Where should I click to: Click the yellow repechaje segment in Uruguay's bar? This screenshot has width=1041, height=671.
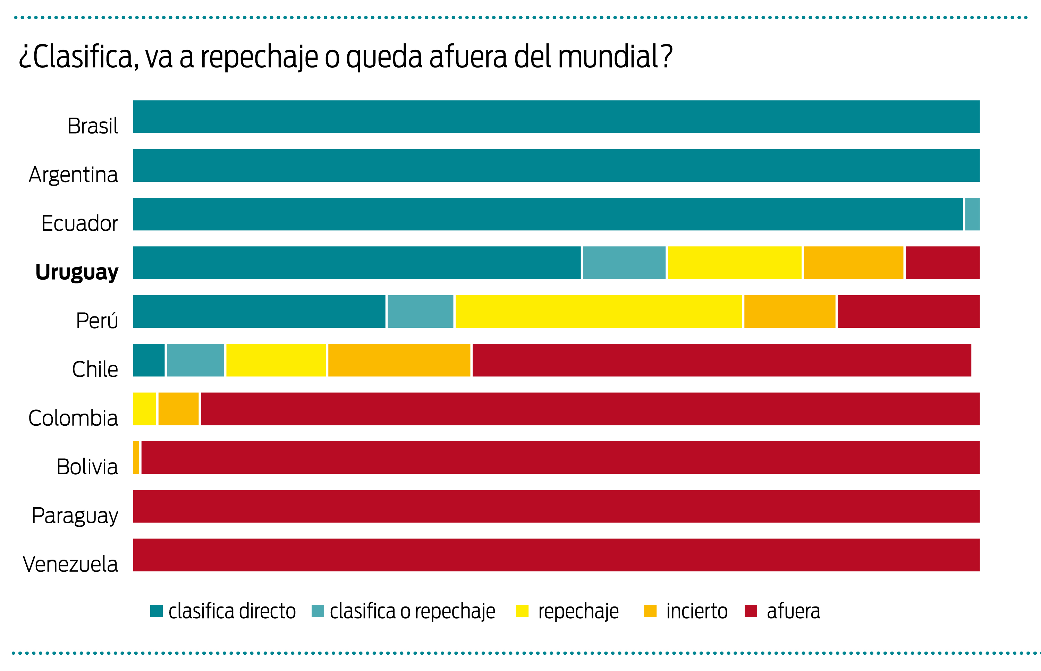pyautogui.click(x=734, y=263)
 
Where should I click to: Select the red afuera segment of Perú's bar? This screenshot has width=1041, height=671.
pyautogui.click(x=908, y=312)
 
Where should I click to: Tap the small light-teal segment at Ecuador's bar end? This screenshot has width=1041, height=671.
pyautogui.click(x=972, y=214)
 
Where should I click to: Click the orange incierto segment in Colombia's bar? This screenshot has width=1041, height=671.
pyautogui.click(x=178, y=409)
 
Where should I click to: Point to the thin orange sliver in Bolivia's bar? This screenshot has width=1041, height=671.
pyautogui.click(x=136, y=458)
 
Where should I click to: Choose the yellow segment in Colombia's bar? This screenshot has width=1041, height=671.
pyautogui.click(x=144, y=409)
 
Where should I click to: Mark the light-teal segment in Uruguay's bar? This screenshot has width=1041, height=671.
pyautogui.click(x=624, y=263)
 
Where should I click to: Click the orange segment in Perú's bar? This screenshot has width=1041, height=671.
pyautogui.click(x=789, y=312)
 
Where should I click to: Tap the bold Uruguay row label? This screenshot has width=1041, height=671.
pyautogui.click(x=77, y=272)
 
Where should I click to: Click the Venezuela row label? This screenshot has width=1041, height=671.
pyautogui.click(x=70, y=564)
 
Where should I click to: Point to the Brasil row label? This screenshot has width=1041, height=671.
pyautogui.click(x=92, y=126)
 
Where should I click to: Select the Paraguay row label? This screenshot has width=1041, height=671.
pyautogui.click(x=75, y=516)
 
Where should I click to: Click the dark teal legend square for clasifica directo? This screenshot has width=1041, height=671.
pyautogui.click(x=156, y=611)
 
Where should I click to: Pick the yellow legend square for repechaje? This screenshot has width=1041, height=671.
pyautogui.click(x=522, y=611)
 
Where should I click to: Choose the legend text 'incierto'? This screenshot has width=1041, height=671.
pyautogui.click(x=696, y=611)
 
